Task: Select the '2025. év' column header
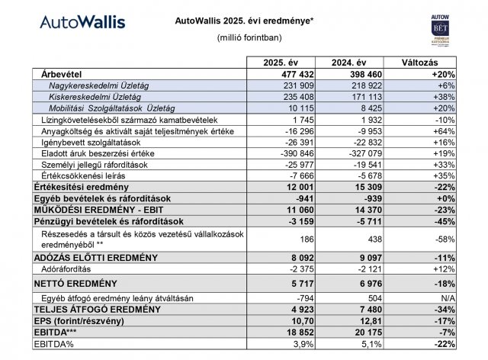tap(278, 63)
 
